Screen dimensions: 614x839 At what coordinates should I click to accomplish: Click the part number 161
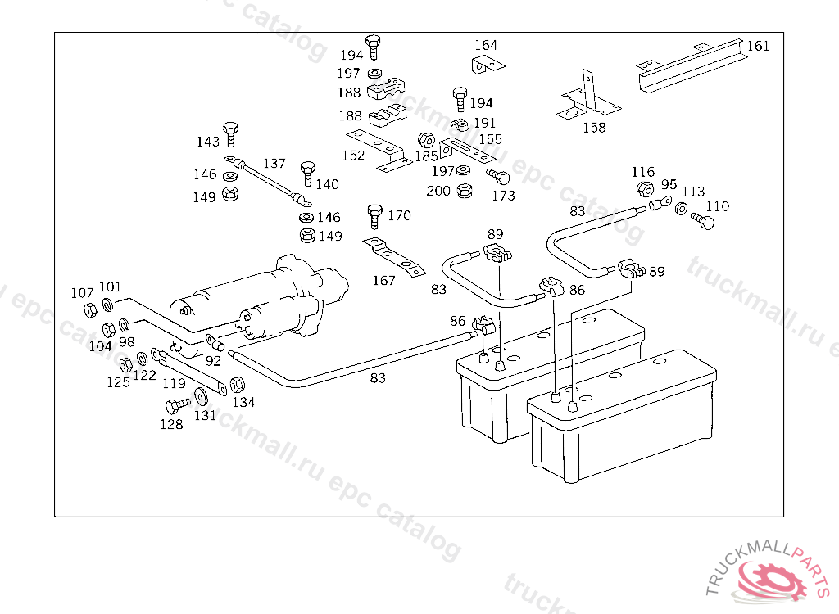[759, 46]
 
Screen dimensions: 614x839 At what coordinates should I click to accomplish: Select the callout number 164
[486, 45]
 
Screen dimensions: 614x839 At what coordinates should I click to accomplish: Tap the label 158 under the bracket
[594, 127]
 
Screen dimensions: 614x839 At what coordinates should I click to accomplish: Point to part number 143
[208, 142]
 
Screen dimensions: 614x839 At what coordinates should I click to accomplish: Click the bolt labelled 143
[232, 132]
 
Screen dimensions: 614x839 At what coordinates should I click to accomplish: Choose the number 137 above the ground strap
[274, 163]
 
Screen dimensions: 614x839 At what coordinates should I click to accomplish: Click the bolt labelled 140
[307, 172]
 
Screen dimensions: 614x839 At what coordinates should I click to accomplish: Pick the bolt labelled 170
[374, 214]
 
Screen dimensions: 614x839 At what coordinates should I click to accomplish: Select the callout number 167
[383, 281]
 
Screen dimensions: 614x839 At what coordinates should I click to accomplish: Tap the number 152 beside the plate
[353, 155]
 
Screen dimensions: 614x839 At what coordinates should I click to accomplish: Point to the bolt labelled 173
[497, 177]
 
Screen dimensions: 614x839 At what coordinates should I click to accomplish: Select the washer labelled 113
[682, 209]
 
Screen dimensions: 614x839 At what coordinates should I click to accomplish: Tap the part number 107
[82, 292]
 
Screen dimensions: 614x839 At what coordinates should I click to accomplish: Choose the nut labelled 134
[238, 385]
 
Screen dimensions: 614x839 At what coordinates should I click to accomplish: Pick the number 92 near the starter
[213, 359]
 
